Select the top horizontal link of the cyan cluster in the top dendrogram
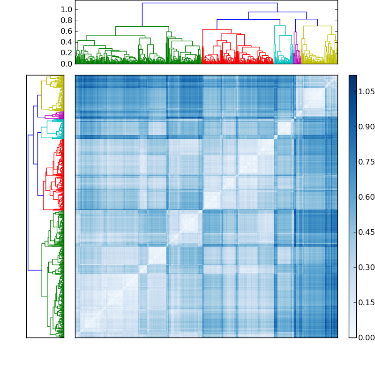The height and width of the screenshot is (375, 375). pos(279,25)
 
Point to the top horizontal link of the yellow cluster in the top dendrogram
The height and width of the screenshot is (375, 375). pos(317,26)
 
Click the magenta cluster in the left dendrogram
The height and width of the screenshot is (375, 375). pos(52,116)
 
